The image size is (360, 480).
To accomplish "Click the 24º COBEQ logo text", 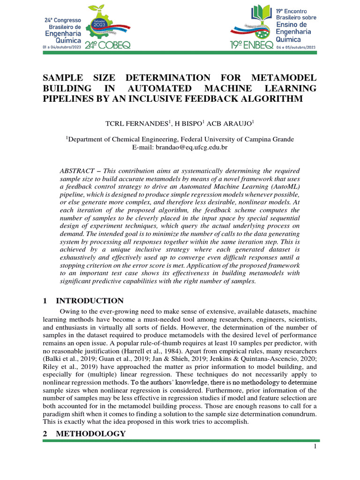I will [108, 45].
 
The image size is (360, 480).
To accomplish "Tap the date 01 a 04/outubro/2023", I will [62, 47].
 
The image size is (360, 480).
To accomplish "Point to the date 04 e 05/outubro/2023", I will [296, 47].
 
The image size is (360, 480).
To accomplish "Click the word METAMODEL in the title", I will [285, 77].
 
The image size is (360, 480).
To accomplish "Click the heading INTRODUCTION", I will [90, 301].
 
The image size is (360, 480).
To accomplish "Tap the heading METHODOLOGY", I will [90, 434].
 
